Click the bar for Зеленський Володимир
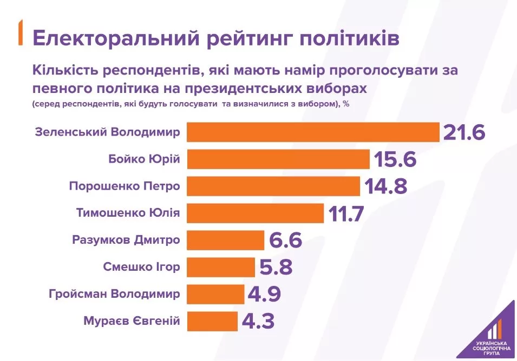313,132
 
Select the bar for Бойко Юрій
278,159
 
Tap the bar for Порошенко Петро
274,186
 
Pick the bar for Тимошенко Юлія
256,213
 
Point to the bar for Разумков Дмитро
226,240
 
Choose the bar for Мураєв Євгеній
212,321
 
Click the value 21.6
464,132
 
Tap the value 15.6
395,159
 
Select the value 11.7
346,213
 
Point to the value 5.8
276,267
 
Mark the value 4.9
264,294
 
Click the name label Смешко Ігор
141,266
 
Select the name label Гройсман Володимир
114,293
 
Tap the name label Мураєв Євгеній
132,320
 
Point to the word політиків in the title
350,37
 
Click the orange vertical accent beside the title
21,32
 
